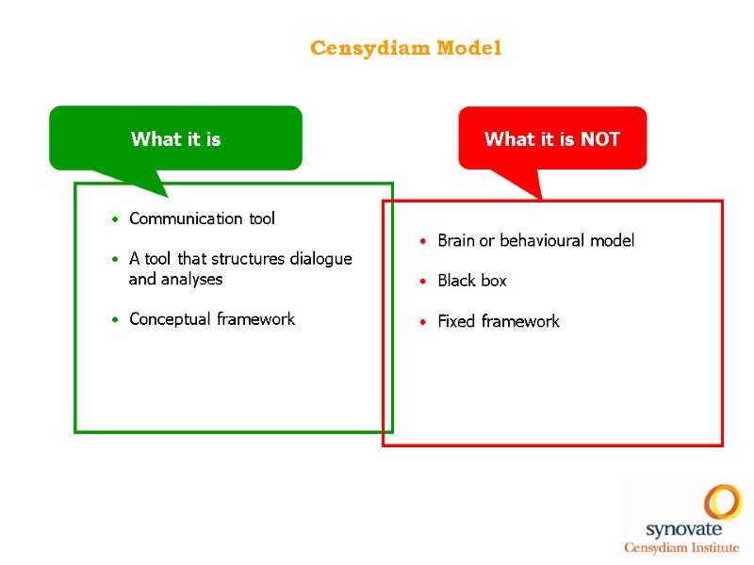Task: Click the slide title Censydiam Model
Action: tap(406, 48)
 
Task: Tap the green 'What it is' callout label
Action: tap(176, 139)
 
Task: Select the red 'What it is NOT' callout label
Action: tap(552, 139)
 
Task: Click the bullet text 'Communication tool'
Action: tap(202, 218)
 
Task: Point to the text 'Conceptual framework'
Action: tap(212, 319)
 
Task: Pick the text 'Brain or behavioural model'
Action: tap(535, 240)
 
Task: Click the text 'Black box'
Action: tap(471, 281)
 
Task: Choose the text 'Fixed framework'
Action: tap(498, 321)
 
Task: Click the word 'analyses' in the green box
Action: tap(189, 279)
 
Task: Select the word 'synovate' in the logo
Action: tap(681, 530)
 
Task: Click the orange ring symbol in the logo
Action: tap(723, 501)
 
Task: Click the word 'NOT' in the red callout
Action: tap(600, 139)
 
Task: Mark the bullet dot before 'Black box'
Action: tap(424, 282)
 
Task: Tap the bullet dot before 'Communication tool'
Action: tap(115, 219)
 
